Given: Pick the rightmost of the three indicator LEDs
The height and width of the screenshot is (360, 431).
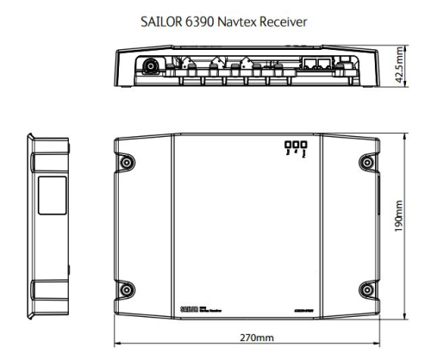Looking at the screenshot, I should point(303,146).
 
